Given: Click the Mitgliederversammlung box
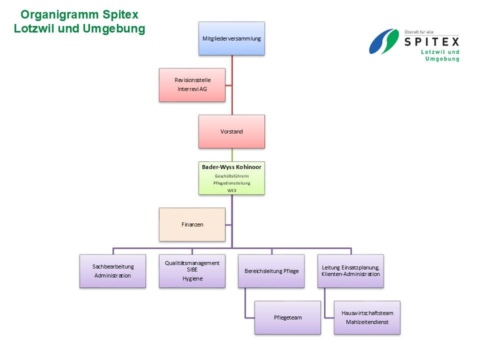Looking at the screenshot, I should click(231, 38).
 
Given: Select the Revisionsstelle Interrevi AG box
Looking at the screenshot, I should click(192, 84).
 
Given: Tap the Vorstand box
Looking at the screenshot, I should click(231, 131).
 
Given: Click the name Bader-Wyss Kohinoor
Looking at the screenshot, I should click(231, 167).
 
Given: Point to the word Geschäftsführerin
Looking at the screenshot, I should click(231, 176).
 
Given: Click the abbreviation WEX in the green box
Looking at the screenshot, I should click(231, 190).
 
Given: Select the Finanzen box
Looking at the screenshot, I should click(192, 224).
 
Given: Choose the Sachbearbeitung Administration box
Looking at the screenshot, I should click(112, 271).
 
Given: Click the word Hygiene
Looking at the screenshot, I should click(192, 278).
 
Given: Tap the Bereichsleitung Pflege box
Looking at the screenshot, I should click(271, 271).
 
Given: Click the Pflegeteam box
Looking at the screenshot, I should click(287, 317).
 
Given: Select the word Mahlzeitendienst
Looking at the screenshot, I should click(367, 322).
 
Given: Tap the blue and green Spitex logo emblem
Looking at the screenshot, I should click(384, 41).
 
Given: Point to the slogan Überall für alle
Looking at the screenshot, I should click(419, 31).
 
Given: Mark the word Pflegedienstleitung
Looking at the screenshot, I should click(231, 183).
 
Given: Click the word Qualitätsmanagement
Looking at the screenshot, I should click(192, 263).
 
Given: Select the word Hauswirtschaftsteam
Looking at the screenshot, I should click(367, 313).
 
